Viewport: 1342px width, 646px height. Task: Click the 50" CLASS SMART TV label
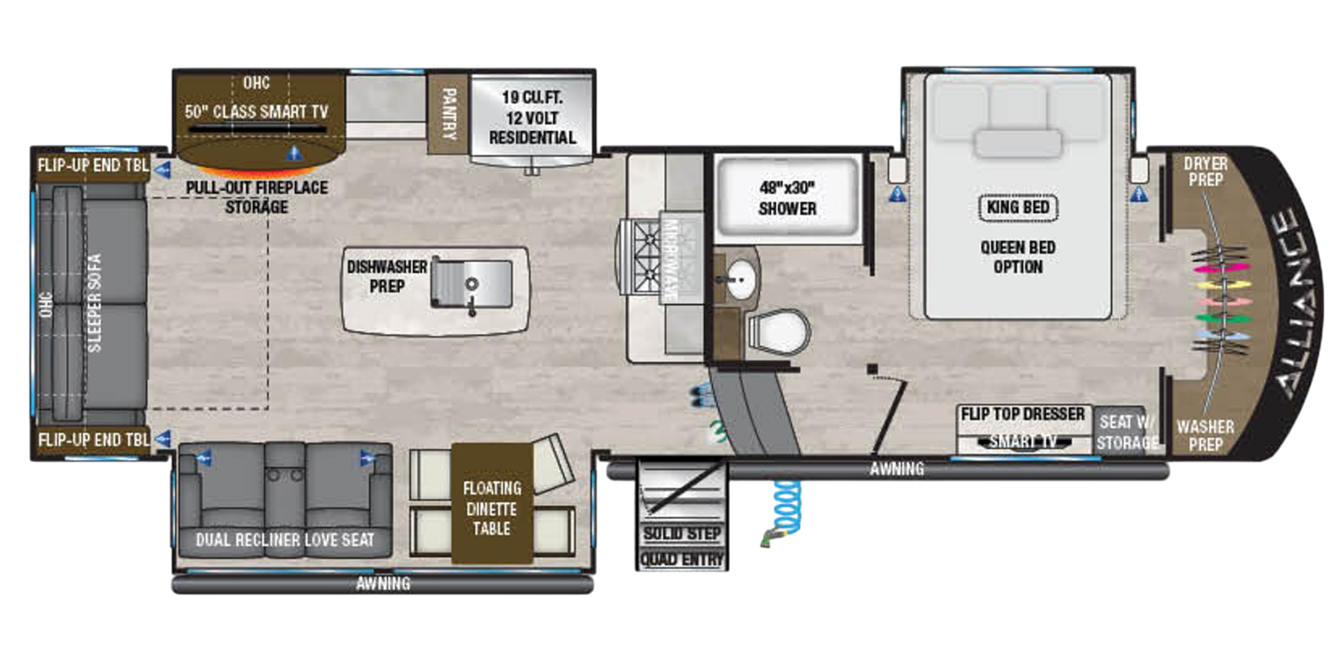256,111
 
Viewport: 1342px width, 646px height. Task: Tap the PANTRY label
448,114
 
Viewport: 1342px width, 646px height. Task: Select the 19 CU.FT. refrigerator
531,118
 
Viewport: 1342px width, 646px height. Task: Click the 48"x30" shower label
787,199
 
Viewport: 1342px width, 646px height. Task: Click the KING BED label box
1017,207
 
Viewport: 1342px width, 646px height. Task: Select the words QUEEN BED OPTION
1017,257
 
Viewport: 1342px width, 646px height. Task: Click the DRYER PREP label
1205,172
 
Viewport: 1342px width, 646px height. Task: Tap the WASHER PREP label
1205,435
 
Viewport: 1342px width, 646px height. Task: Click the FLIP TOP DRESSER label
1022,415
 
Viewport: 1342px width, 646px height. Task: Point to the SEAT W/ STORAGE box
1127,432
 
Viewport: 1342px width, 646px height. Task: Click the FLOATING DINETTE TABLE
491,508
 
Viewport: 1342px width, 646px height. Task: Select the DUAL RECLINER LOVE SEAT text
285,539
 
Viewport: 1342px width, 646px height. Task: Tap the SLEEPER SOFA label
95,303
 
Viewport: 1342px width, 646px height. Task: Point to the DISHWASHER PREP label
386,276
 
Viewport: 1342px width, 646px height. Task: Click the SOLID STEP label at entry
682,534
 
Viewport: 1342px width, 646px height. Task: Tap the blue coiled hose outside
788,507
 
